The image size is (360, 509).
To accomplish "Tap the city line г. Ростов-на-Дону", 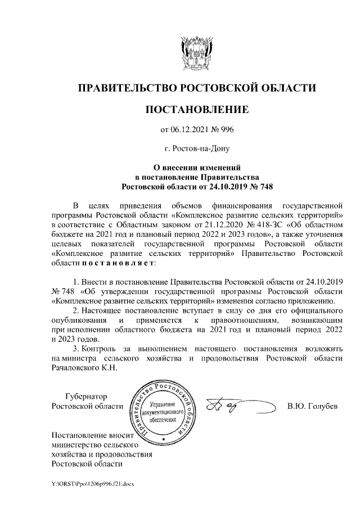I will [196, 149].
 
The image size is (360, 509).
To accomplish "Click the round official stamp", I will [163, 411].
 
